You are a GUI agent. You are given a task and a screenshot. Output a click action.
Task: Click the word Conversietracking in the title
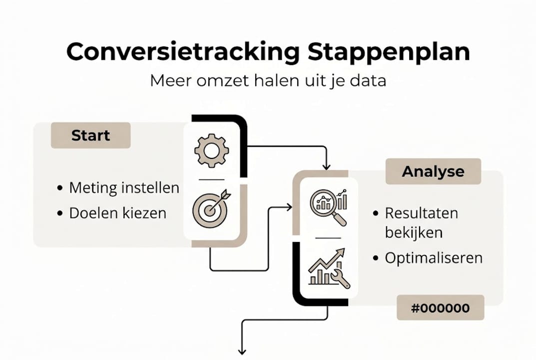pyautogui.click(x=183, y=51)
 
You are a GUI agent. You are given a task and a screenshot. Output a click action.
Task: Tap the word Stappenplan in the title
pyautogui.click(x=389, y=51)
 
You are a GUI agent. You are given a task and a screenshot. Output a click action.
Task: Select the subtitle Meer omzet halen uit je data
pyautogui.click(x=268, y=80)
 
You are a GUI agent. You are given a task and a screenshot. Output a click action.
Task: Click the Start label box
pyautogui.click(x=90, y=135)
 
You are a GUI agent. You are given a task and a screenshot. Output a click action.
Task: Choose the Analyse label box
pyautogui.click(x=433, y=171)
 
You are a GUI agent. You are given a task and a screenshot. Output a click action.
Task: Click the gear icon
pyautogui.click(x=212, y=150)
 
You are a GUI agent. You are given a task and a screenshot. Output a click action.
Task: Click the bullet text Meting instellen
pyautogui.click(x=124, y=188)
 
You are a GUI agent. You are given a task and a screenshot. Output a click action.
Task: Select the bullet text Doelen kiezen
pyautogui.click(x=117, y=213)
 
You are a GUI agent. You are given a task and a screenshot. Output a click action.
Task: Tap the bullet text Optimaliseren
pyautogui.click(x=433, y=258)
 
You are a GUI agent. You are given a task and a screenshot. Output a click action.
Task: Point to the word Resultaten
pyautogui.click(x=421, y=213)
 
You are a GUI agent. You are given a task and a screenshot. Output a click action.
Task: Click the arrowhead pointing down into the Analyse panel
pyautogui.click(x=327, y=166)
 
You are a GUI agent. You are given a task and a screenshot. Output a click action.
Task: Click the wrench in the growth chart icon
pyautogui.click(x=341, y=279)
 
